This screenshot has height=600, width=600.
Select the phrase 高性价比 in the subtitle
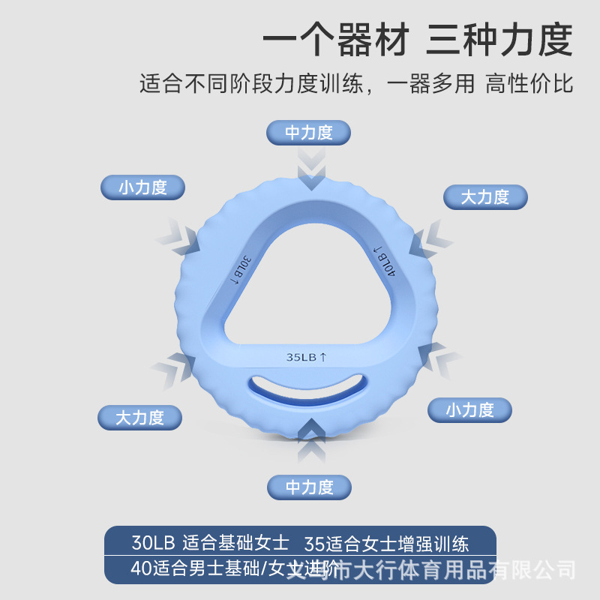[529, 82]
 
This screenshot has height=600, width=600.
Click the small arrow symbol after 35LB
[323, 357]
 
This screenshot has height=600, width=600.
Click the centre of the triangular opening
[309, 289]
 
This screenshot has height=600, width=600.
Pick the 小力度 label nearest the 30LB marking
[142, 187]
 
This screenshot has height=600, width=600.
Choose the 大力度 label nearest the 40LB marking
[485, 196]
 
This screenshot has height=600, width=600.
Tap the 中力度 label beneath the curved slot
[309, 487]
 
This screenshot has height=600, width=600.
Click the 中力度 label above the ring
[309, 133]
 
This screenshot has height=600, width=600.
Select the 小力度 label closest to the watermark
[469, 409]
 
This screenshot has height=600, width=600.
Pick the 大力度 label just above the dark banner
[139, 417]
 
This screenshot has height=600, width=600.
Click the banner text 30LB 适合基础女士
[210, 542]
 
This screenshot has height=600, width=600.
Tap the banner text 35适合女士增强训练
[387, 542]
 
